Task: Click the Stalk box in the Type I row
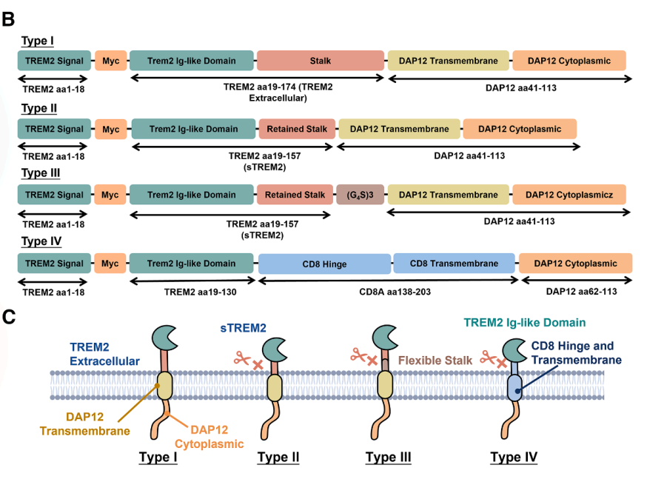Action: tap(321, 61)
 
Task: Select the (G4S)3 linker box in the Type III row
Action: tap(360, 195)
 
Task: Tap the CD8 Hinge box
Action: tap(324, 264)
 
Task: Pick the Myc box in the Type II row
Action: tap(110, 129)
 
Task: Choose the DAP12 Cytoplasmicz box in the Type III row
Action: tap(569, 195)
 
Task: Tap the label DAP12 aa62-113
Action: tap(581, 292)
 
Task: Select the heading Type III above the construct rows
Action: tap(38, 175)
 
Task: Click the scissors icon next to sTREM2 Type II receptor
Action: tap(242, 359)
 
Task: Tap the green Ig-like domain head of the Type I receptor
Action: tap(164, 338)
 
